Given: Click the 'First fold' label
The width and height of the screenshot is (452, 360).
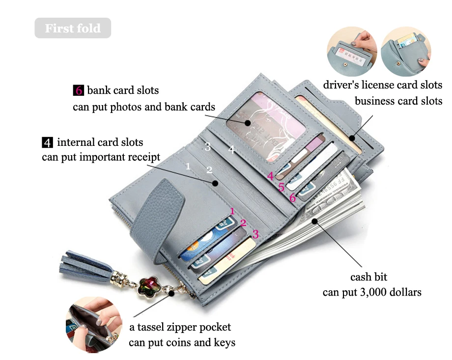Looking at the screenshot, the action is (x=73, y=28).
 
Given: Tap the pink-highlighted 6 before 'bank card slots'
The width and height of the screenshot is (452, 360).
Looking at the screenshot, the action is (x=78, y=90).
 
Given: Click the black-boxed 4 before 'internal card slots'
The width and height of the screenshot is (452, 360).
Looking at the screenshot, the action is (x=47, y=143).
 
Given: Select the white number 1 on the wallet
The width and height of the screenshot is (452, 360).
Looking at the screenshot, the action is (x=188, y=166).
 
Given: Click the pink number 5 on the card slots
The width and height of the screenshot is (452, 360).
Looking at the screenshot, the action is (x=281, y=187).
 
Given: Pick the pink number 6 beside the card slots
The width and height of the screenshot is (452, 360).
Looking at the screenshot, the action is (x=292, y=198).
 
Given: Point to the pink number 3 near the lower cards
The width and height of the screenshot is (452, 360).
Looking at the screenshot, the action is (x=255, y=234).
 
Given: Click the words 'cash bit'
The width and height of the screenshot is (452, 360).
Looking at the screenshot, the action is (x=368, y=277).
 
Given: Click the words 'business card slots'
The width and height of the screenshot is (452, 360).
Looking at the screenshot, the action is (x=398, y=101).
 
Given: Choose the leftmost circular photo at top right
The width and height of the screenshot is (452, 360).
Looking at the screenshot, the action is (x=351, y=52).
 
